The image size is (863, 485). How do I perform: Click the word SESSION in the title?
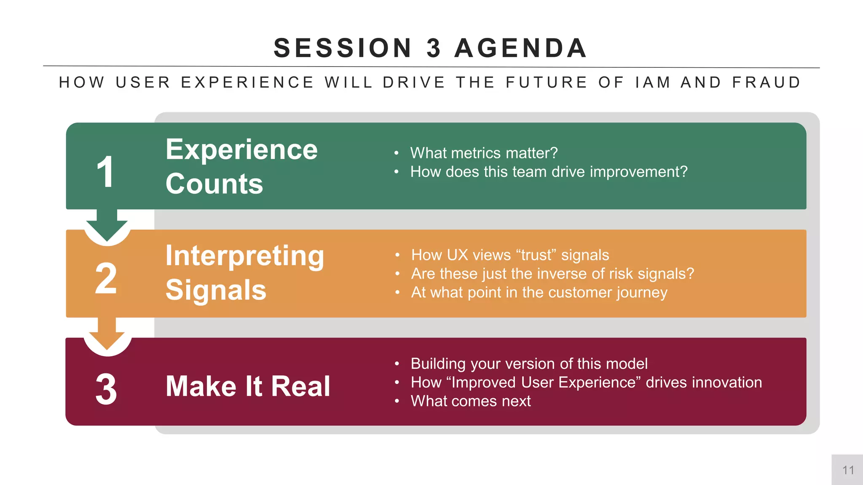click(x=343, y=48)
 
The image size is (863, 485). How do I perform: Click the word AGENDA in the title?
click(x=521, y=48)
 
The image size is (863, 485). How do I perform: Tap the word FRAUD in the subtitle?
click(x=767, y=83)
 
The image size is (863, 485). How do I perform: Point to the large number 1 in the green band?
click(x=105, y=172)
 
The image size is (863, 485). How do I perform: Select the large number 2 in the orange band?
click(x=106, y=278)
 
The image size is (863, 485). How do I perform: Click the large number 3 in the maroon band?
click(x=106, y=389)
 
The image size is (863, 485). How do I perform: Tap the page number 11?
click(x=848, y=470)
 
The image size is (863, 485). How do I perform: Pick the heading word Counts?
click(x=214, y=184)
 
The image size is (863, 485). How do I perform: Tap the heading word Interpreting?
click(x=245, y=256)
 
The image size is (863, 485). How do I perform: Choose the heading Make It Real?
click(x=248, y=386)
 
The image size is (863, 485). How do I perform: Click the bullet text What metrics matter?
click(x=484, y=153)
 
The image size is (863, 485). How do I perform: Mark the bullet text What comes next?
click(x=471, y=401)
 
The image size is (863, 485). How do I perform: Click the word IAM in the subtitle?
click(x=653, y=83)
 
